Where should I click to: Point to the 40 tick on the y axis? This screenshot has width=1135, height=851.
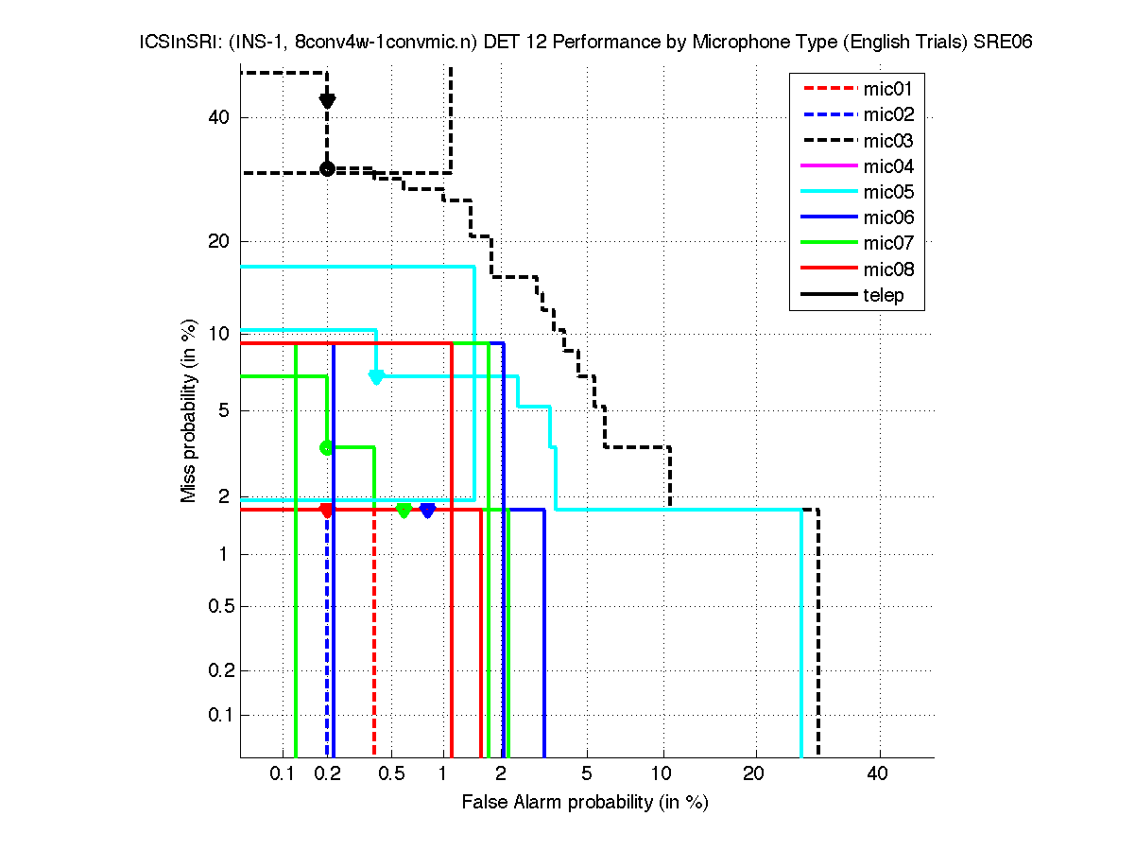pyautogui.click(x=219, y=117)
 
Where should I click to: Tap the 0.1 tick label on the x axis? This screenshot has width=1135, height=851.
pyautogui.click(x=283, y=774)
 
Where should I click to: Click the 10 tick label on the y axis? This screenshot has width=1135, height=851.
pyautogui.click(x=219, y=333)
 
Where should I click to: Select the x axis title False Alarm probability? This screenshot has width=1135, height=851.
pyautogui.click(x=585, y=803)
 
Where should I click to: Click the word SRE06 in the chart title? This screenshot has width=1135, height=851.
pyautogui.click(x=1005, y=43)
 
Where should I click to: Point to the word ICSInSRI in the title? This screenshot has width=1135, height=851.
pyautogui.click(x=169, y=43)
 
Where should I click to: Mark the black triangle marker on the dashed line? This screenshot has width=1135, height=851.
pyautogui.click(x=327, y=101)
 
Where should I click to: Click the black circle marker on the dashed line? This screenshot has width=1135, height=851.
pyautogui.click(x=327, y=168)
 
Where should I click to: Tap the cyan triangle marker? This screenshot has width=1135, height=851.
pyautogui.click(x=376, y=376)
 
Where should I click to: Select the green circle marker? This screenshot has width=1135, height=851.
pyautogui.click(x=327, y=447)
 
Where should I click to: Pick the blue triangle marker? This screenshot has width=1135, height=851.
pyautogui.click(x=427, y=511)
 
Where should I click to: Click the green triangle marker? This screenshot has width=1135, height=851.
pyautogui.click(x=404, y=511)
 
